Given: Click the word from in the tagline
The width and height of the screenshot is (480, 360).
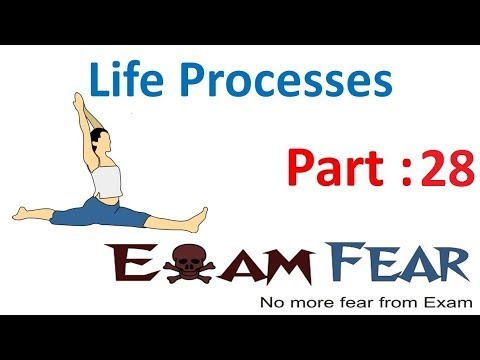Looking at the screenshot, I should (x=385, y=302).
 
